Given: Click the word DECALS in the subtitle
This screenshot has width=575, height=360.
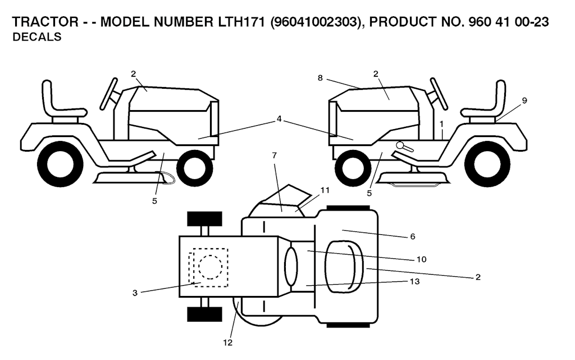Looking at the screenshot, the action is click(36, 37).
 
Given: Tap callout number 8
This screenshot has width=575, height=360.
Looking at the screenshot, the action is click(320, 78).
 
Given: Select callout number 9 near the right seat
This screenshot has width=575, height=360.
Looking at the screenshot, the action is click(524, 101).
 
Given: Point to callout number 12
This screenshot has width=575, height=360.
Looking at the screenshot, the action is click(228, 343).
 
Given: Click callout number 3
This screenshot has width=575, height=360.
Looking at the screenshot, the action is click(135, 293).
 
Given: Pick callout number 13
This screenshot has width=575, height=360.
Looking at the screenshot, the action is click(414, 281).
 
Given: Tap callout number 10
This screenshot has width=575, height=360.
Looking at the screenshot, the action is click(422, 259).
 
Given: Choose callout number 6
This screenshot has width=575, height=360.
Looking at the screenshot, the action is click(413, 236).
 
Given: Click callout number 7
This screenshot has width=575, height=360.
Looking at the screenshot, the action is click(274, 155).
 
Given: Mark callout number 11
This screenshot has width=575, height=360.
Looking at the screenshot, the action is click(325, 190).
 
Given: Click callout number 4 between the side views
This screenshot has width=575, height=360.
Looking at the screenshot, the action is click(279, 119).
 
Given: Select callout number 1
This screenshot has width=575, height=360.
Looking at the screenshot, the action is click(442, 124).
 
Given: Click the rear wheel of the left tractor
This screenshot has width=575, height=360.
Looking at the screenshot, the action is click(60, 163).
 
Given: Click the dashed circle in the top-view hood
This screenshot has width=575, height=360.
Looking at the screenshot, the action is click(210, 266).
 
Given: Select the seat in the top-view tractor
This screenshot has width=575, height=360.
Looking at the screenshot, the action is click(344, 267).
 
